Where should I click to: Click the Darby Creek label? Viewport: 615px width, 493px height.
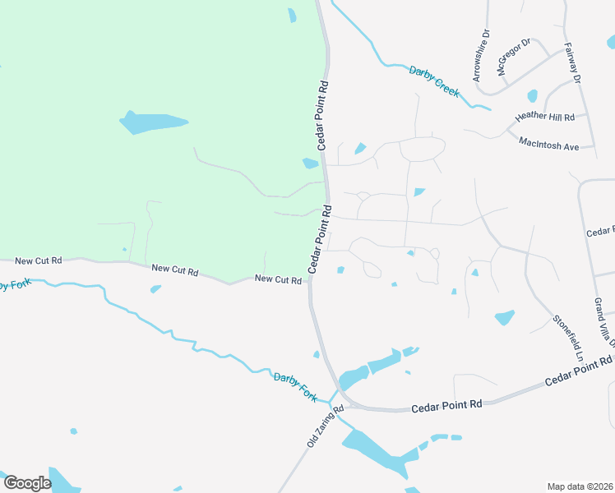[434, 81]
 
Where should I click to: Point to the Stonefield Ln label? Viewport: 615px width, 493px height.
[568, 338]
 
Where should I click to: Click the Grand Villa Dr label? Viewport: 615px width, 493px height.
[603, 321]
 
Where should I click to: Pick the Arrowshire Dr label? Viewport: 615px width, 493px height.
[480, 57]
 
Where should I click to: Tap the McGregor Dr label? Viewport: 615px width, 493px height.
[514, 57]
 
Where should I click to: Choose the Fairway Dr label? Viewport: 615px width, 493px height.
[572, 64]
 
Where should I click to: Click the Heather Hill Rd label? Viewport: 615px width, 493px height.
[545, 117]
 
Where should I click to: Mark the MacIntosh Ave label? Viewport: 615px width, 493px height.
[549, 144]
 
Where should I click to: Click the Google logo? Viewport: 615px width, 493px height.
[27, 483]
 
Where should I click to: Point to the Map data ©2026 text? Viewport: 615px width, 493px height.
[580, 486]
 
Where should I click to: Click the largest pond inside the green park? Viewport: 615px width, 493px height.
[153, 122]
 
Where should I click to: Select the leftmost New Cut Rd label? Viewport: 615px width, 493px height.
[39, 260]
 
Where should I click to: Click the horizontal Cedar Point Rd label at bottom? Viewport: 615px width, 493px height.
[446, 405]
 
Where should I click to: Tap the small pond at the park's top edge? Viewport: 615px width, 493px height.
[292, 15]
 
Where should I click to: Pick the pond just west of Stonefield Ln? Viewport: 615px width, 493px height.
[504, 317]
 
